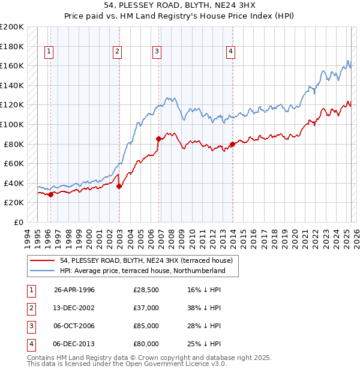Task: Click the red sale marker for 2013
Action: click(x=232, y=144)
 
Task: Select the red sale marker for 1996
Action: click(x=50, y=194)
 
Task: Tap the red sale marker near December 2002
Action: click(x=119, y=186)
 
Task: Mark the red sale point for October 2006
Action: click(x=158, y=139)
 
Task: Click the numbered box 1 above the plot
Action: click(x=48, y=52)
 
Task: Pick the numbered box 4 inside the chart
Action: click(x=230, y=52)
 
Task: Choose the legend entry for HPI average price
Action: click(x=142, y=271)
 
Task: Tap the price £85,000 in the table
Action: click(x=146, y=326)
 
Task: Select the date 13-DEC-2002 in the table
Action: click(x=74, y=308)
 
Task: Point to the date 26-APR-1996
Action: click(x=74, y=290)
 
